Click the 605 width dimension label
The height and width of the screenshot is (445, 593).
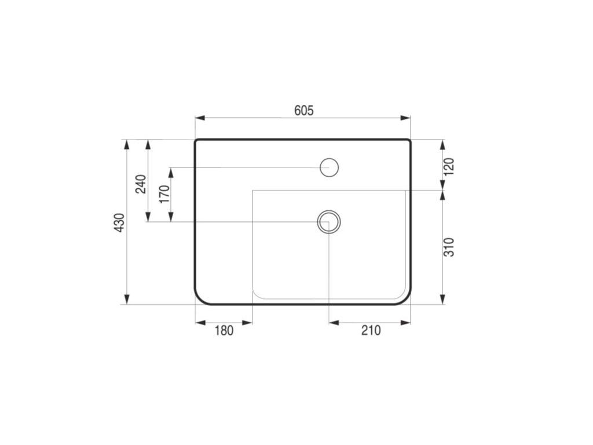(304, 111)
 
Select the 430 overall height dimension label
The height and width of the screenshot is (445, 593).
(119, 222)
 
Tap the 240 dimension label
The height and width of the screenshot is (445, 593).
(141, 184)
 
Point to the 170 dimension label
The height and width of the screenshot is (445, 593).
(164, 194)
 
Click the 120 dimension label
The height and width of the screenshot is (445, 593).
(449, 166)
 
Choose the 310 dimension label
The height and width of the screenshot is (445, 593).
(449, 247)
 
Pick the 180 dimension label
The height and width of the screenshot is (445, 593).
(224, 330)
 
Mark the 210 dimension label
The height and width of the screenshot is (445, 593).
(371, 330)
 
